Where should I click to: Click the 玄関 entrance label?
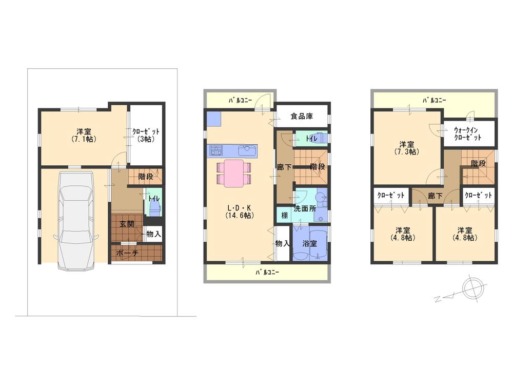tap(127, 224)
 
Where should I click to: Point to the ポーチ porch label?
tap(127, 253)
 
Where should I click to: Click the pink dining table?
tap(233, 172)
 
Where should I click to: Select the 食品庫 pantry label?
tap(302, 116)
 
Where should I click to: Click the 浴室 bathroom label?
tap(309, 244)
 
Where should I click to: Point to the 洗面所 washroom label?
tap(304, 209)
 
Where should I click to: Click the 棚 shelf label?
tap(284, 215)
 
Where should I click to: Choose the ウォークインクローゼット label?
tap(468, 133)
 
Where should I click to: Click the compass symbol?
tap(472, 288)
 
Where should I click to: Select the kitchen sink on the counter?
tap(247, 150)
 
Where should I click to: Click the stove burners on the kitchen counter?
tap(216, 151)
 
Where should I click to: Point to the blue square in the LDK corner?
tap(214, 119)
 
